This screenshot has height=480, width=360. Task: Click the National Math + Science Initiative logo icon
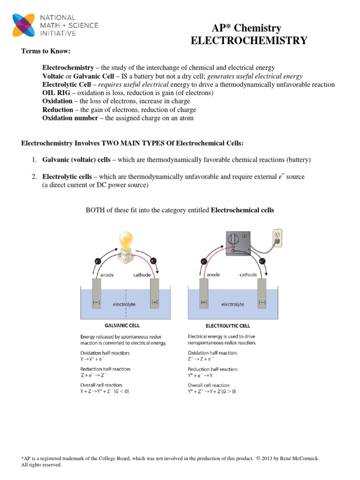click(x=22, y=26)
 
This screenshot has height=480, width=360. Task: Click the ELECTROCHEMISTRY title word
click(x=249, y=41)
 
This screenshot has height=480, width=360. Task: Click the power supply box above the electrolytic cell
click(x=239, y=244)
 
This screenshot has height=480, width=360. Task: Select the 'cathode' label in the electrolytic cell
click(x=248, y=275)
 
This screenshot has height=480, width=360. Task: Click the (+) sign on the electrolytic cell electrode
click(x=204, y=302)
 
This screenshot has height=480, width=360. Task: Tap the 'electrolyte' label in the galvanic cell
click(x=124, y=304)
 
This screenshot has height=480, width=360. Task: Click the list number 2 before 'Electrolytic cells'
click(x=34, y=177)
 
